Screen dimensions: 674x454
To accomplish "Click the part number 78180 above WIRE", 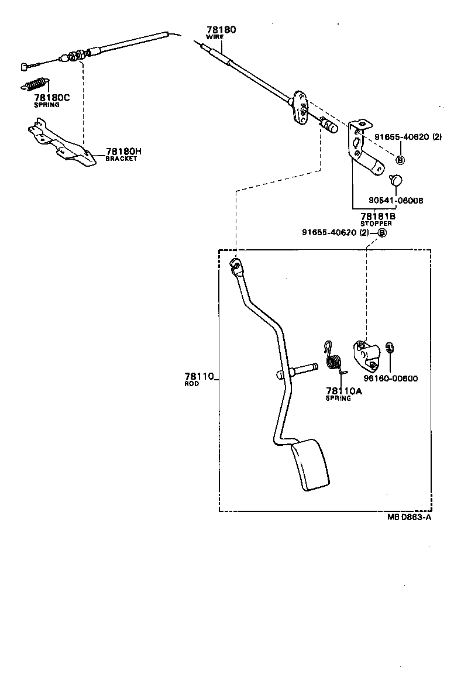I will coord(221,29).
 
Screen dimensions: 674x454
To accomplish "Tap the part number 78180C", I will coord(51,98).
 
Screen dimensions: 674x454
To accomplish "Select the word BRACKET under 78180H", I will coord(121,159).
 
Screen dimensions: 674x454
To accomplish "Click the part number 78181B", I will coord(377,216).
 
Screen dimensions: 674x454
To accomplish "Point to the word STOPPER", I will coord(376,223).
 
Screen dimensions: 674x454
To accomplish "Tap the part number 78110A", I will coord(344,391).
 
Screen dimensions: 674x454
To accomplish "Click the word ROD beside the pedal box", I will coord(191,384).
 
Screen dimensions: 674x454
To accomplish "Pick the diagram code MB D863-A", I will coord(409,517).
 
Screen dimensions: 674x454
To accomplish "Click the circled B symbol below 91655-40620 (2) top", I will coord(400,160).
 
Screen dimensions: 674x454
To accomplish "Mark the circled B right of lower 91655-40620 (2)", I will coord(382,232).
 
